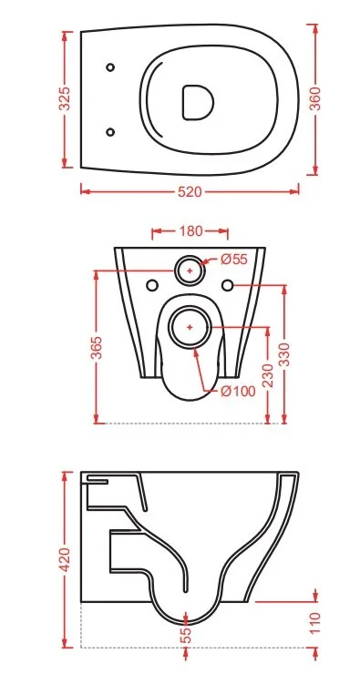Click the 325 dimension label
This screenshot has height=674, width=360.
65,98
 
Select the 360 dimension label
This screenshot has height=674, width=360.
315,98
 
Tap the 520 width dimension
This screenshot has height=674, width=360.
190,191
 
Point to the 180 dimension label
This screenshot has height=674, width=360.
191,231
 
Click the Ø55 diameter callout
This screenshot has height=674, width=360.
234,260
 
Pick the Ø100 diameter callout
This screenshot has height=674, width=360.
238,391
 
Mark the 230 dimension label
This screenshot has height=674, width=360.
268,375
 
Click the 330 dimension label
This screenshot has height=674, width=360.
284,354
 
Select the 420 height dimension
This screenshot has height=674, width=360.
65,559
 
